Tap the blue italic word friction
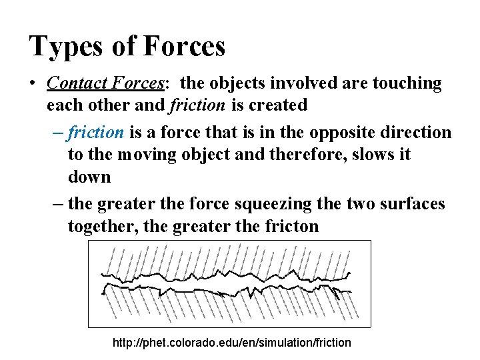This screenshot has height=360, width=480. [x=96, y=133]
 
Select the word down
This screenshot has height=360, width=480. [x=89, y=177]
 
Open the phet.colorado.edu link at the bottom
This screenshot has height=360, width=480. [x=232, y=343]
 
